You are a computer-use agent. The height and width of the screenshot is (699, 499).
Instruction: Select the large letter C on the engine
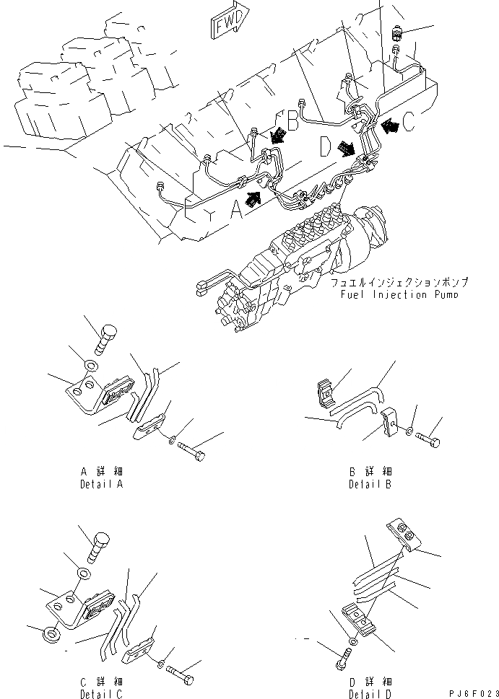point(409,123)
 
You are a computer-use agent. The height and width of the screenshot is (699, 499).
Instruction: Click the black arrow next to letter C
point(390,126)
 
